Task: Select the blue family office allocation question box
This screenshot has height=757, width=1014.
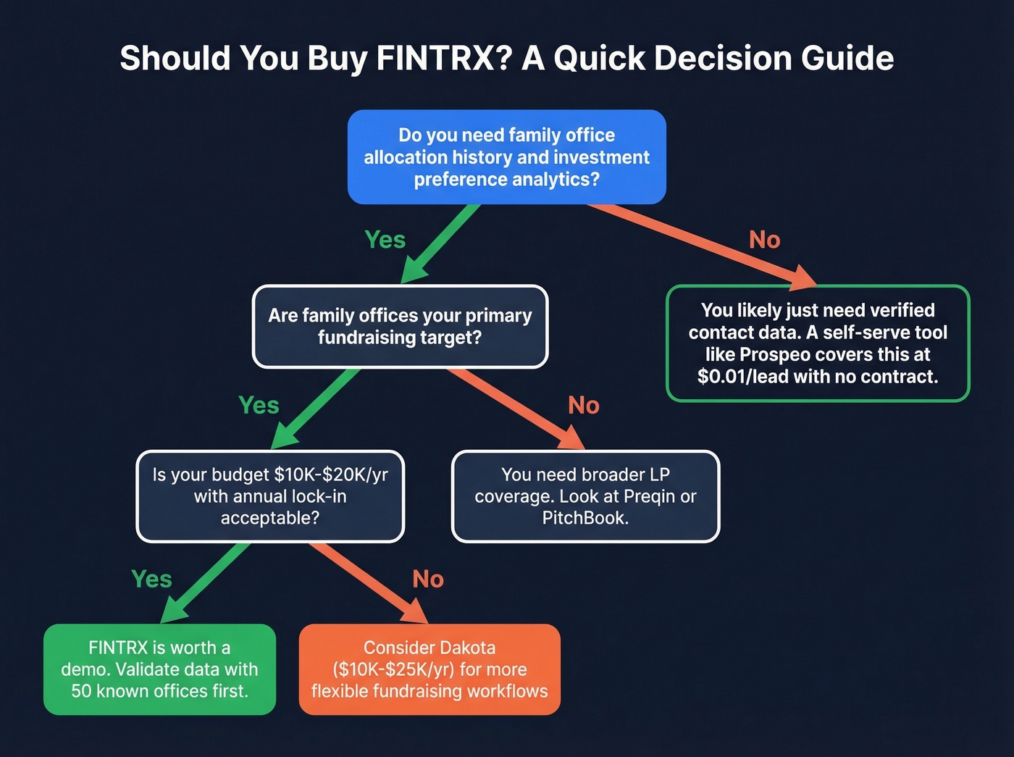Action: tap(506, 156)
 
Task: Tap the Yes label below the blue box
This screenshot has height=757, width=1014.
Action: tap(385, 240)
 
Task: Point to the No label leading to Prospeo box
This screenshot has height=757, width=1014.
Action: tap(764, 240)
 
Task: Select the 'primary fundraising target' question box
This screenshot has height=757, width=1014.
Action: tap(400, 326)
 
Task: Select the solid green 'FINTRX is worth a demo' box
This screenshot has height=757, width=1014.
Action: tap(159, 669)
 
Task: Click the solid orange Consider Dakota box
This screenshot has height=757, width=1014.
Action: tap(430, 669)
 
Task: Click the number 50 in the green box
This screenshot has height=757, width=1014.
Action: tap(80, 691)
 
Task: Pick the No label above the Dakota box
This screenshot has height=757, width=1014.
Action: tap(427, 580)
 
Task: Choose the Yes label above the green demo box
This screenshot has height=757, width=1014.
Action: tap(151, 580)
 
